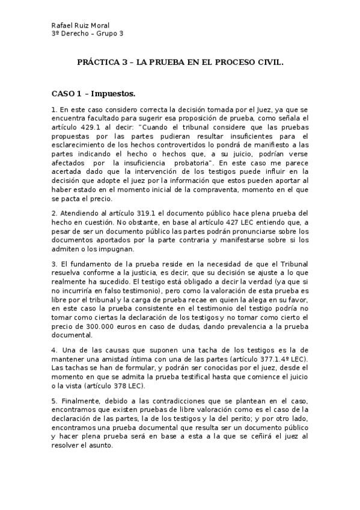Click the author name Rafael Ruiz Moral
(x=80, y=26)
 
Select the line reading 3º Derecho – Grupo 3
(x=88, y=34)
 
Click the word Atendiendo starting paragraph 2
(x=79, y=214)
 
